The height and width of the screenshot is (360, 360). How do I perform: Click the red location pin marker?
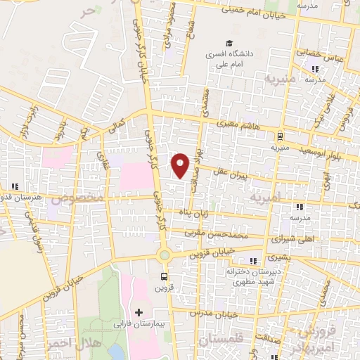coord(181,164)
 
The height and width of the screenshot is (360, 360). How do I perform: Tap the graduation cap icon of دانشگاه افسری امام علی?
coord(228,43)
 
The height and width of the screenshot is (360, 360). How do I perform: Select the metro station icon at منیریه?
coord(281,136)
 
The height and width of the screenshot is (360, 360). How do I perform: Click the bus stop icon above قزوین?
coord(164,276)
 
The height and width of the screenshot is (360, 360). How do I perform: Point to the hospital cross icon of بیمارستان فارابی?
coord(138,311)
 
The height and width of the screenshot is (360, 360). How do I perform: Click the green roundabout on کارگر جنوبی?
coord(164,255)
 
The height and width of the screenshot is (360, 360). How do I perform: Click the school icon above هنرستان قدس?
coord(15,187)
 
